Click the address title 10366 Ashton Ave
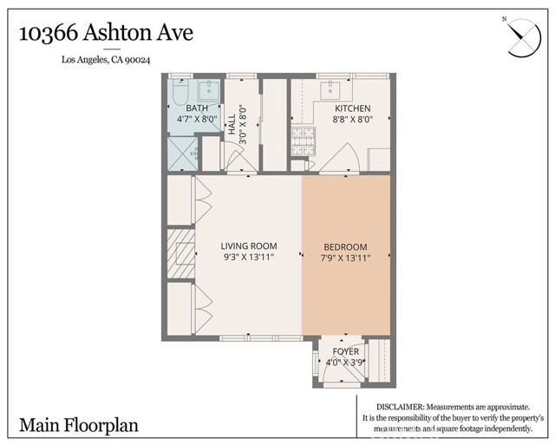point(106,34)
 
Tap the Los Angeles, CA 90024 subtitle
point(106,60)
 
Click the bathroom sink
point(209,88)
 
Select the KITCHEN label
point(353,108)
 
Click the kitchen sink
point(331,88)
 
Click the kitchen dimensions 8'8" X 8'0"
point(353,121)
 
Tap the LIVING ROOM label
point(248,246)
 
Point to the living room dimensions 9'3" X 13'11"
point(248,258)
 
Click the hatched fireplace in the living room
point(181,252)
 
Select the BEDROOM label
point(345,246)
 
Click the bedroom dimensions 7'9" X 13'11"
point(345,258)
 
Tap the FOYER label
point(346,351)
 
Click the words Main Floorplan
point(79,425)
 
